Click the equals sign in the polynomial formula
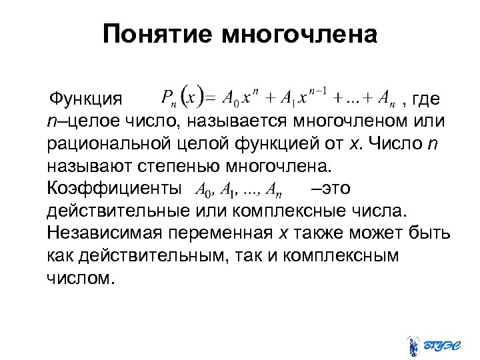pos(209,99)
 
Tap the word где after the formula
pos(425,99)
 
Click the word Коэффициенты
pos(113,189)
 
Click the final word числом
pos(77,277)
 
